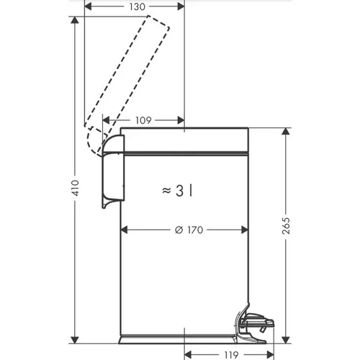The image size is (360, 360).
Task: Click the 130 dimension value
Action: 138,7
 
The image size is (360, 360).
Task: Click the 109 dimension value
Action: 143,120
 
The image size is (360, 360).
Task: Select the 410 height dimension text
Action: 76,188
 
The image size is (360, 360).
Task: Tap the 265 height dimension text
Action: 286,225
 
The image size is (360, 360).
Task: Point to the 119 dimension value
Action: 232,355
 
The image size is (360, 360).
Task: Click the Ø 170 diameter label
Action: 189,230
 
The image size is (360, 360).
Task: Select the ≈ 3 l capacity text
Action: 177,191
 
